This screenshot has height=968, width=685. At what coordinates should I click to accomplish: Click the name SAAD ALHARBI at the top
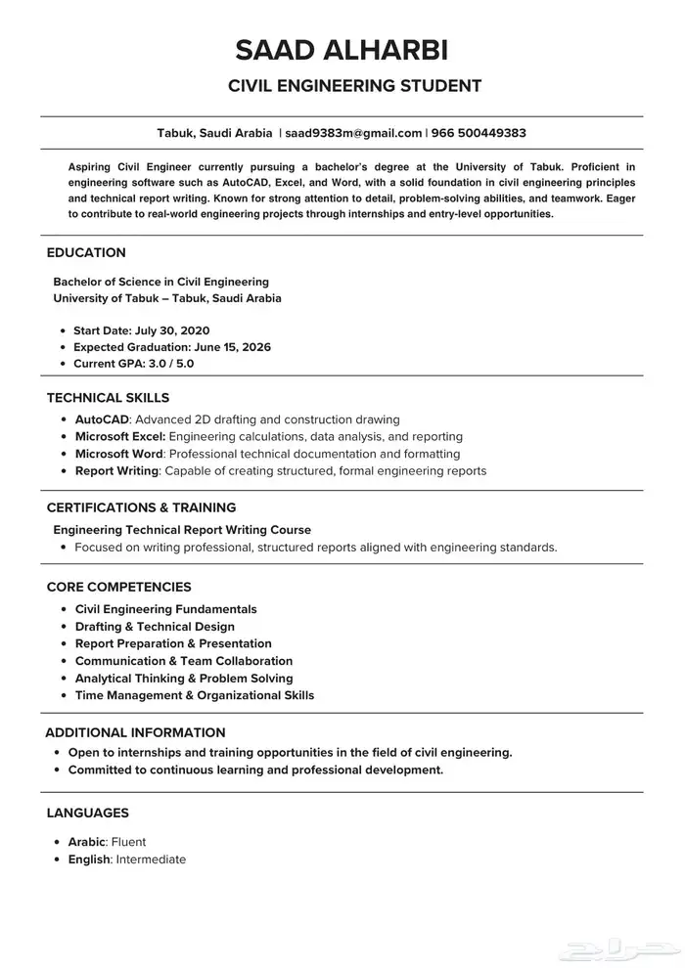pyautogui.click(x=342, y=51)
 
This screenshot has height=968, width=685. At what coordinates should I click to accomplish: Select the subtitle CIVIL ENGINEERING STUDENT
pyautogui.click(x=354, y=86)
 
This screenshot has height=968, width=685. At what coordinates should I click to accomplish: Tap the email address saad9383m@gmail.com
pyautogui.click(x=353, y=133)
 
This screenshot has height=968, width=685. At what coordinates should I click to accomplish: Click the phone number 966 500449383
pyautogui.click(x=479, y=133)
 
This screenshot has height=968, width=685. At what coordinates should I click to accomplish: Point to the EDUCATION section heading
pyautogui.click(x=86, y=252)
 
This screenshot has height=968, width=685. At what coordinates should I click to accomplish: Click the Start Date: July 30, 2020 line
pyautogui.click(x=141, y=330)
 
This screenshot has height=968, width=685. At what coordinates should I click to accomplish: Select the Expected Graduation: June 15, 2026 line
pyautogui.click(x=172, y=347)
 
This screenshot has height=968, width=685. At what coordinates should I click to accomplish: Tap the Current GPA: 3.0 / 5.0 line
pyautogui.click(x=133, y=364)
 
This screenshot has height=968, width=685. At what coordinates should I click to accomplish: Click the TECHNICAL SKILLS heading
pyautogui.click(x=108, y=398)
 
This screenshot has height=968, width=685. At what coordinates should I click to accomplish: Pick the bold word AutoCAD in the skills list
pyautogui.click(x=102, y=419)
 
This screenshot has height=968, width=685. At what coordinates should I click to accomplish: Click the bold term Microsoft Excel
pyautogui.click(x=119, y=436)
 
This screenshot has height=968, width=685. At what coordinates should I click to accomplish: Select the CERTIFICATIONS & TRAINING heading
pyautogui.click(x=141, y=507)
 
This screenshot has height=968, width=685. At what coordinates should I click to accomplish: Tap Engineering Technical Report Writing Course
pyautogui.click(x=182, y=529)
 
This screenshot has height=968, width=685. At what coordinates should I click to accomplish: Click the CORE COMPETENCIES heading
pyautogui.click(x=118, y=587)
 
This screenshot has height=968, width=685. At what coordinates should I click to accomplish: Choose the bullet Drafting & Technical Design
pyautogui.click(x=155, y=627)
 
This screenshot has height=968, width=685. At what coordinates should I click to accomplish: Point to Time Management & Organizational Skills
pyautogui.click(x=195, y=695)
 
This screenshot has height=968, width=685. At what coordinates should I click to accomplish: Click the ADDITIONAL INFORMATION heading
pyautogui.click(x=135, y=732)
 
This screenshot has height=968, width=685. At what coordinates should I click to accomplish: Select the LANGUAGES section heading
pyautogui.click(x=87, y=813)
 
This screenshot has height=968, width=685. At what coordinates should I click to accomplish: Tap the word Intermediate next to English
pyautogui.click(x=151, y=859)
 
